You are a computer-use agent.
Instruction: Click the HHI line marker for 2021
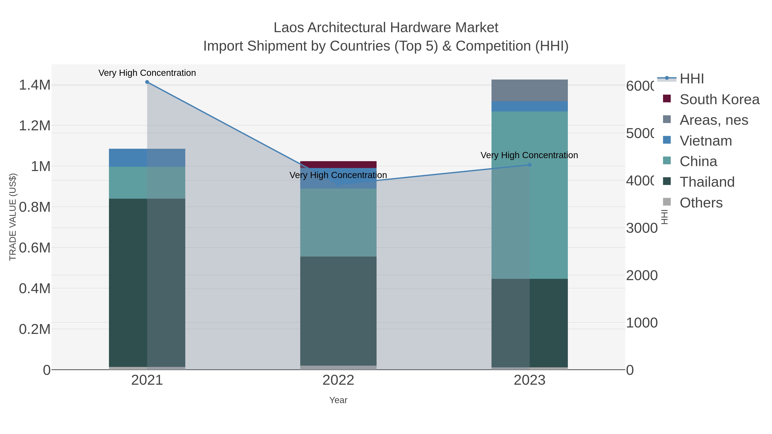coord(147,82)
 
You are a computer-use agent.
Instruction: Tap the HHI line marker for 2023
coord(529,165)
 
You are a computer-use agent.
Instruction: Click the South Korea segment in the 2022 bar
coord(338,164)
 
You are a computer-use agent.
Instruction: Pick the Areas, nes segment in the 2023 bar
coord(529,90)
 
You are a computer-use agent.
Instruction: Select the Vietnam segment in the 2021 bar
coord(147,158)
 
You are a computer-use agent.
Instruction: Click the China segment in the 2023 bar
coord(529,195)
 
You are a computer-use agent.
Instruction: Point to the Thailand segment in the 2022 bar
coord(338,311)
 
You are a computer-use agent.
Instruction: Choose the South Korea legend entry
coord(719,99)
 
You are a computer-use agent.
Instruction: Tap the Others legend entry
coord(701,203)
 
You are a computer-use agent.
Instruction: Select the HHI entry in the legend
coord(692,79)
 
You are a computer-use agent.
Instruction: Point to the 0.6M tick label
coord(35,248)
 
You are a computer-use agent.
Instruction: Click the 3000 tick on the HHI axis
coord(642,228)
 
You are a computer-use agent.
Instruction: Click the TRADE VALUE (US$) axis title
coord(13,217)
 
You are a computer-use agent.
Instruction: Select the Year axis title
coord(338,400)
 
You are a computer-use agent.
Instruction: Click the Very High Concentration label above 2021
coord(147,73)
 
